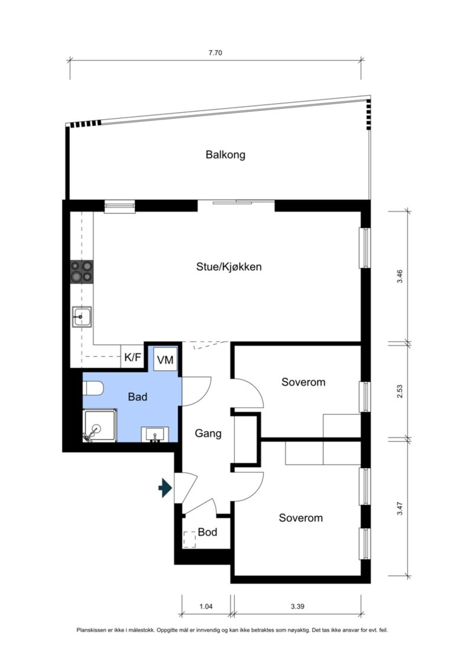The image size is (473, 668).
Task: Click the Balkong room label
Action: click(226, 154)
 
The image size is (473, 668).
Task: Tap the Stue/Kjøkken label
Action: click(229, 266)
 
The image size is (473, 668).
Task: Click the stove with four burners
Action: click(82, 271)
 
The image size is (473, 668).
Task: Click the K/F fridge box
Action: click(133, 357)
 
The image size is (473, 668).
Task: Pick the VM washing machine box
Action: click(165, 359)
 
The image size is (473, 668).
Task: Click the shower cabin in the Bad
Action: click(100, 425)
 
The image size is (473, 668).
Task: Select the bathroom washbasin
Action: click(155, 434)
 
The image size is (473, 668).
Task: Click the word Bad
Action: click(137, 397)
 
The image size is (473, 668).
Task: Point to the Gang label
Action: click(208, 433)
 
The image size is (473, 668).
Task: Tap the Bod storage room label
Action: click(207, 532)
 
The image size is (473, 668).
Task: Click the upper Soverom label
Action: click(303, 382)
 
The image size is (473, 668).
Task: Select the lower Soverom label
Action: click(301, 518)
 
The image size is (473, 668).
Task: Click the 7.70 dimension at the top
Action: click(215, 53)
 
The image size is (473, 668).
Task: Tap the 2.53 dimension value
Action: click(399, 392)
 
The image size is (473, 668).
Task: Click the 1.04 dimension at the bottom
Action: click(206, 606)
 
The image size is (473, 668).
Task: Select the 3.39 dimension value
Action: click(298, 606)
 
